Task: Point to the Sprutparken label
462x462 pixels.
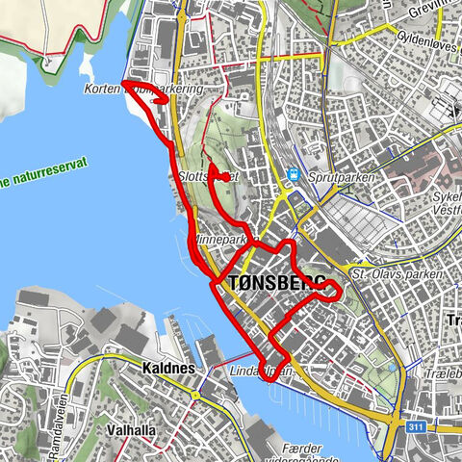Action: pos(335,177)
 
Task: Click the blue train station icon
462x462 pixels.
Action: pos(292,175)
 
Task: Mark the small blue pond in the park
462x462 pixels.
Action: pos(394,366)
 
